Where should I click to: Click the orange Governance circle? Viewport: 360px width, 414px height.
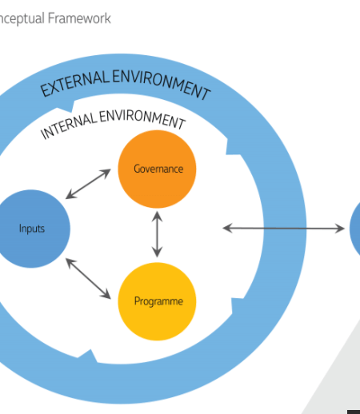pos(157,169)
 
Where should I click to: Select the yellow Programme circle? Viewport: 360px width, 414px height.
pos(157,301)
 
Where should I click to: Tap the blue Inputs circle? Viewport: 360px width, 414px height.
pos(31,229)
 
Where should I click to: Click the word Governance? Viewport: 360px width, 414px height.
pos(158,169)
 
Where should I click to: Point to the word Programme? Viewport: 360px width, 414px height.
pos(158,301)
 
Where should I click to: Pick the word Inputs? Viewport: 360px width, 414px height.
pos(32,229)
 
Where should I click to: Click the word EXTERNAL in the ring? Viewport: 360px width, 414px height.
pos(74,83)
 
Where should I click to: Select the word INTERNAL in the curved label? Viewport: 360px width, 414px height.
pos(69,125)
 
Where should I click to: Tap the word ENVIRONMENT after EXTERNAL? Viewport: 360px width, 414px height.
pos(162,84)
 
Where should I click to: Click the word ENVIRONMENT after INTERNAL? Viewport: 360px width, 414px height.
pos(142,119)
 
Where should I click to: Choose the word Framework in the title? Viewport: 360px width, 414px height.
pos(79,18)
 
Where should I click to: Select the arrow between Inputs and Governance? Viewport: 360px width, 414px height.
pos(88,184)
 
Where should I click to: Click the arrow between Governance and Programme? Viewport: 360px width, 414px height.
pos(157,234)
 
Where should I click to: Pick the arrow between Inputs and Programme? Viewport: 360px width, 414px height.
pos(88,278)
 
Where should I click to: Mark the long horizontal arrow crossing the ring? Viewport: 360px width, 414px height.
pos(283,229)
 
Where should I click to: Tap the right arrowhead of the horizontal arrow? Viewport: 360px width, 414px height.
pos(340,229)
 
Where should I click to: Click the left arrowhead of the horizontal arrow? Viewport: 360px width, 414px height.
pos(227,229)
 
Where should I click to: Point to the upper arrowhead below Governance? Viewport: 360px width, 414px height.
pos(157,216)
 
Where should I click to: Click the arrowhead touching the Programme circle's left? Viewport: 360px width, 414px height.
pos(106,295)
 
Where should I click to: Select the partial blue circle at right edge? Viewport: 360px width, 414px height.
pos(355,229)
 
